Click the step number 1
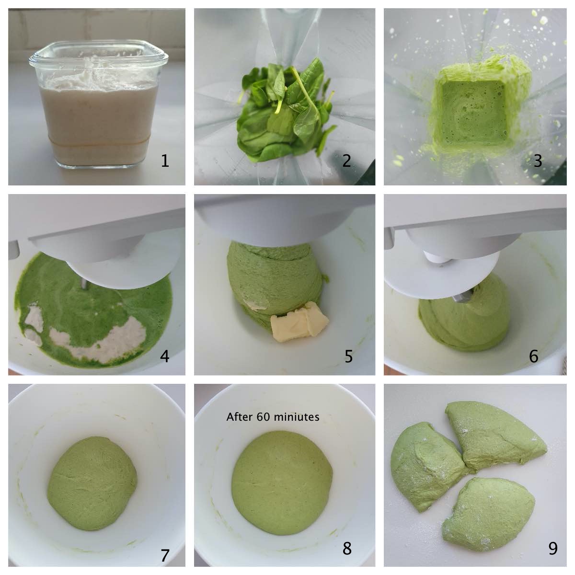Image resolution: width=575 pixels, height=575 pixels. click(x=165, y=161)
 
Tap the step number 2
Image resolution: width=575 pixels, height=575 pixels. click(x=346, y=161)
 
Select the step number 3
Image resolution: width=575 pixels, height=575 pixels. click(x=538, y=161)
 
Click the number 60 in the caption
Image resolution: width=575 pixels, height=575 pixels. click(x=264, y=416)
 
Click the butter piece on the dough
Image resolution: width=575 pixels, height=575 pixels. click(x=299, y=322)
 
